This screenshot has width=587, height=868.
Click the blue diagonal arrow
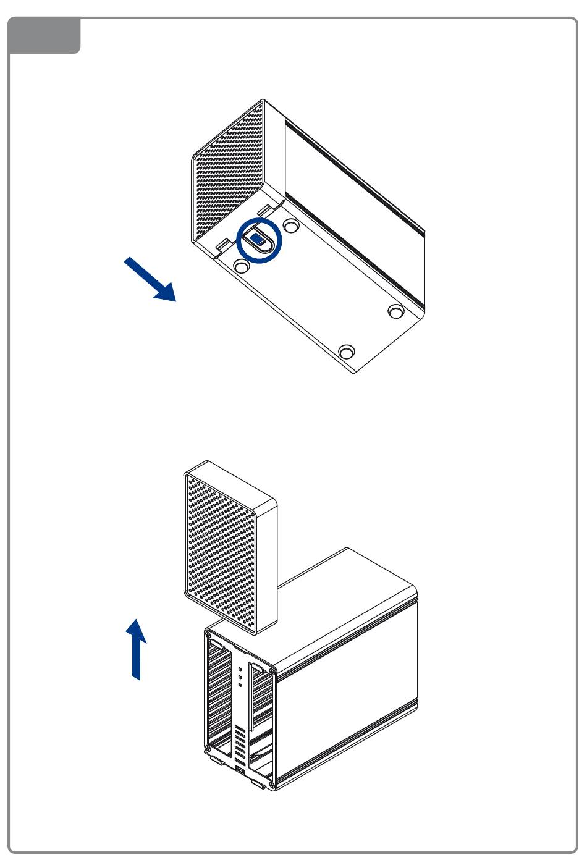(150, 280)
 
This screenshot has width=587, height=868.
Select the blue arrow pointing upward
(137, 649)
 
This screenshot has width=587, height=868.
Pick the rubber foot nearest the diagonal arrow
(242, 266)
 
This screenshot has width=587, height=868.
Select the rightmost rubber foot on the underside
(395, 311)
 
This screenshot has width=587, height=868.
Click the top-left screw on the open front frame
(209, 634)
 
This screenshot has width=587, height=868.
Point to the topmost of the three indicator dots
(240, 668)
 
